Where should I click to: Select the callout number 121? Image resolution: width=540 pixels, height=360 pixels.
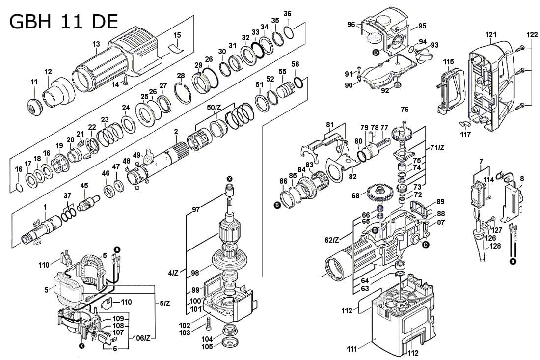[491, 34]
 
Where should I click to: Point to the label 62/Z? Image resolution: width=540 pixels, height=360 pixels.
[332, 240]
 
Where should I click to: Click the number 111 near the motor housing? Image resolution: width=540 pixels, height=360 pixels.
[351, 349]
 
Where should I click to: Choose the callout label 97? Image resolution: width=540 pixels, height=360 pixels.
[196, 210]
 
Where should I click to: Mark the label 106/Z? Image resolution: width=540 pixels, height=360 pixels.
[141, 338]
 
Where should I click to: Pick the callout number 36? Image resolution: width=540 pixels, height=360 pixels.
[288, 13]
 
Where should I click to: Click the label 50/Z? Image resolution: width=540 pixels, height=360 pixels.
[214, 107]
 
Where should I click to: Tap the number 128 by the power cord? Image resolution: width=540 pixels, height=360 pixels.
[495, 246]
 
